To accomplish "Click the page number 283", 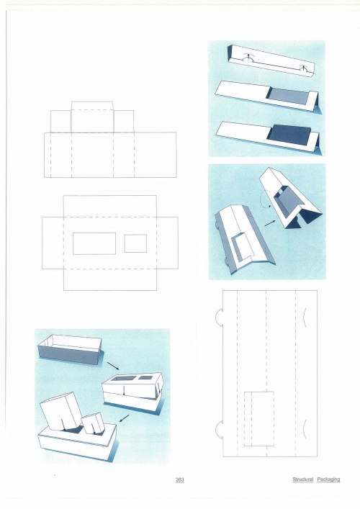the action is (179, 479).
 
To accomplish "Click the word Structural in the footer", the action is (302, 479).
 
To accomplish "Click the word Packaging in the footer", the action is (328, 479).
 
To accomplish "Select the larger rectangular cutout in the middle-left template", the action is (94, 243).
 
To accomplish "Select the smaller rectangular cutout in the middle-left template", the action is (135, 243).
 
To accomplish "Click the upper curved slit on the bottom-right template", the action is (304, 317).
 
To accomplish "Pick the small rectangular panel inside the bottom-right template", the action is (258, 419).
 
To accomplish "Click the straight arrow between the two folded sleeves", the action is (270, 223).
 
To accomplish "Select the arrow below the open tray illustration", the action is (113, 366).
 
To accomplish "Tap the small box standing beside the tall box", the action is (93, 423).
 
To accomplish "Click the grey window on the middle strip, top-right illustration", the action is (288, 97).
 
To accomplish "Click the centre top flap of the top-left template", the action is (92, 117).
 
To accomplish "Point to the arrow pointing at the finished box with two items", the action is (125, 418).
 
